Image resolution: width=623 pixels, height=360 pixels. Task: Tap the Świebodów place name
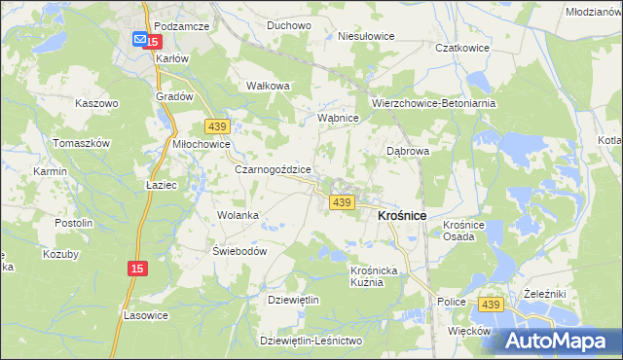pos(239,249)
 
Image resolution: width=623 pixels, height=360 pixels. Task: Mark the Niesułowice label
pos(365,36)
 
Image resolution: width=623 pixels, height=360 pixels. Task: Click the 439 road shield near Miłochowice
pos(217,126)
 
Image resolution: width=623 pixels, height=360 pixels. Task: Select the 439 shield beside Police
pos(490,305)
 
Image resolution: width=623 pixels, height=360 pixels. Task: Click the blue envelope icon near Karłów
pos(140,40)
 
